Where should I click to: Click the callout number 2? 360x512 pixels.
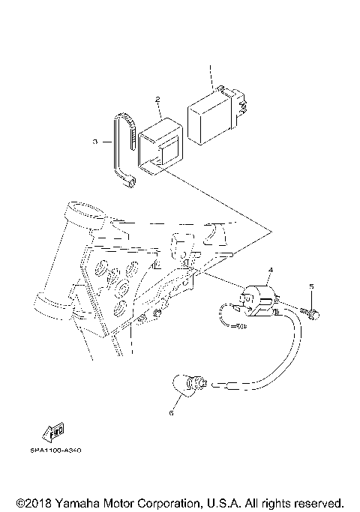tap(158, 99)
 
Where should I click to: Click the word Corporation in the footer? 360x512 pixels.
tap(174, 502)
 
